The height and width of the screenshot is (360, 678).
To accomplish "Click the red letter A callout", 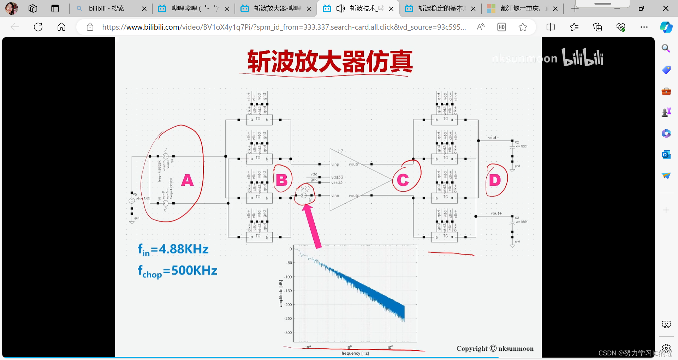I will pos(188,180).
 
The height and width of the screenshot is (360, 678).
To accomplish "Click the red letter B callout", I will pos(282,180).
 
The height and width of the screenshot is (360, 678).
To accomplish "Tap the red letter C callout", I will pos(403,180).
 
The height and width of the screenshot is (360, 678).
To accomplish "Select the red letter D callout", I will pos(495,180).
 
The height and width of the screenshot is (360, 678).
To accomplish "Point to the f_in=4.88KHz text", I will pos(173,250).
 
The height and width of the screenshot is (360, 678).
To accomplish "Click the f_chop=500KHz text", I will pos(177,271).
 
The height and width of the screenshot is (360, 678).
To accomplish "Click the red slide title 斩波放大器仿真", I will pos(330,61).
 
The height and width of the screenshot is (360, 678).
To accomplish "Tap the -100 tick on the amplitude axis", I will pos(288,277).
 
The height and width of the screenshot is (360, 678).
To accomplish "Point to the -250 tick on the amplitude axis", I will pos(288,318).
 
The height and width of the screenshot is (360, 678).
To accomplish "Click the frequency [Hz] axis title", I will pos(355,353).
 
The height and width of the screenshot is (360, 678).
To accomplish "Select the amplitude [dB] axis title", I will pos(281,293).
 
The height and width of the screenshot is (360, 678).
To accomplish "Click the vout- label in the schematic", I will pos(493,138).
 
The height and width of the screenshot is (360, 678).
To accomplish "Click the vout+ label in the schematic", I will pos(496,213).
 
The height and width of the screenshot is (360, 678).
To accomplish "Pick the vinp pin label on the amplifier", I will pos(335,164).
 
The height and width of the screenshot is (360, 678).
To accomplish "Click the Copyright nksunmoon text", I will pos(495,348).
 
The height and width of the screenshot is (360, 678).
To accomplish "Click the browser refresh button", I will pos(38,27).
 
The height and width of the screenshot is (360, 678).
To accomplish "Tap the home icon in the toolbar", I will pos(61,27).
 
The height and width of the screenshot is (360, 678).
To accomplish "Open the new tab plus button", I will pos(575,8).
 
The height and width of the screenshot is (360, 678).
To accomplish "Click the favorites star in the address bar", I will pos(523,27).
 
